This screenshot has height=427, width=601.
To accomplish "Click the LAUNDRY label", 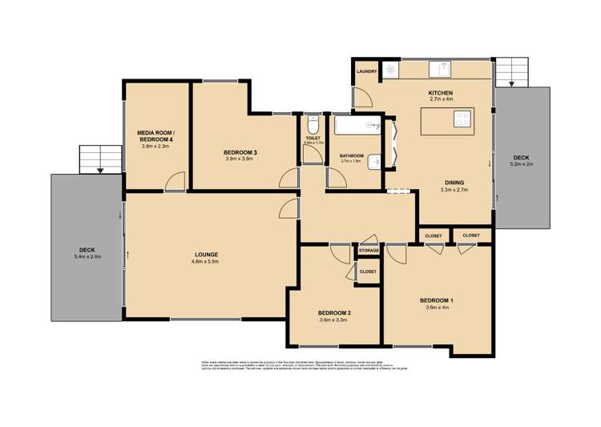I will click(x=367, y=71).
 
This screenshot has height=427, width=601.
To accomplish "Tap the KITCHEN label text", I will click(x=441, y=93).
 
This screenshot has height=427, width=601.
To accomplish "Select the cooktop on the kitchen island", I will click(x=462, y=119).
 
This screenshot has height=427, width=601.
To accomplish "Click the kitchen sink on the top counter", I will click(x=390, y=70).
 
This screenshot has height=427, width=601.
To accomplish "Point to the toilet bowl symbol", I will click(x=313, y=127).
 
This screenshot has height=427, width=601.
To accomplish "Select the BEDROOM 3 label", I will click(x=240, y=152).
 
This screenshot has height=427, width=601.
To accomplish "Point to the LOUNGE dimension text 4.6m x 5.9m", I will click(x=205, y=261).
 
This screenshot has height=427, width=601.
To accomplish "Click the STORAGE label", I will click(x=369, y=251).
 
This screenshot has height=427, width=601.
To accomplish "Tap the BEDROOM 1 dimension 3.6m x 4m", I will click(x=435, y=308).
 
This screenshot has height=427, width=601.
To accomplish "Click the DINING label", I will click(x=454, y=182).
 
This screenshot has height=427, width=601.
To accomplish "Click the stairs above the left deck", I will click(x=99, y=159).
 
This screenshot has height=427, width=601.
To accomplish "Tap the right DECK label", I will click(x=521, y=157).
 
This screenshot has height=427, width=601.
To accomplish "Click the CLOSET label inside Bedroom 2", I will click(x=368, y=272).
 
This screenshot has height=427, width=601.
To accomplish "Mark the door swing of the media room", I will click(x=174, y=183).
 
